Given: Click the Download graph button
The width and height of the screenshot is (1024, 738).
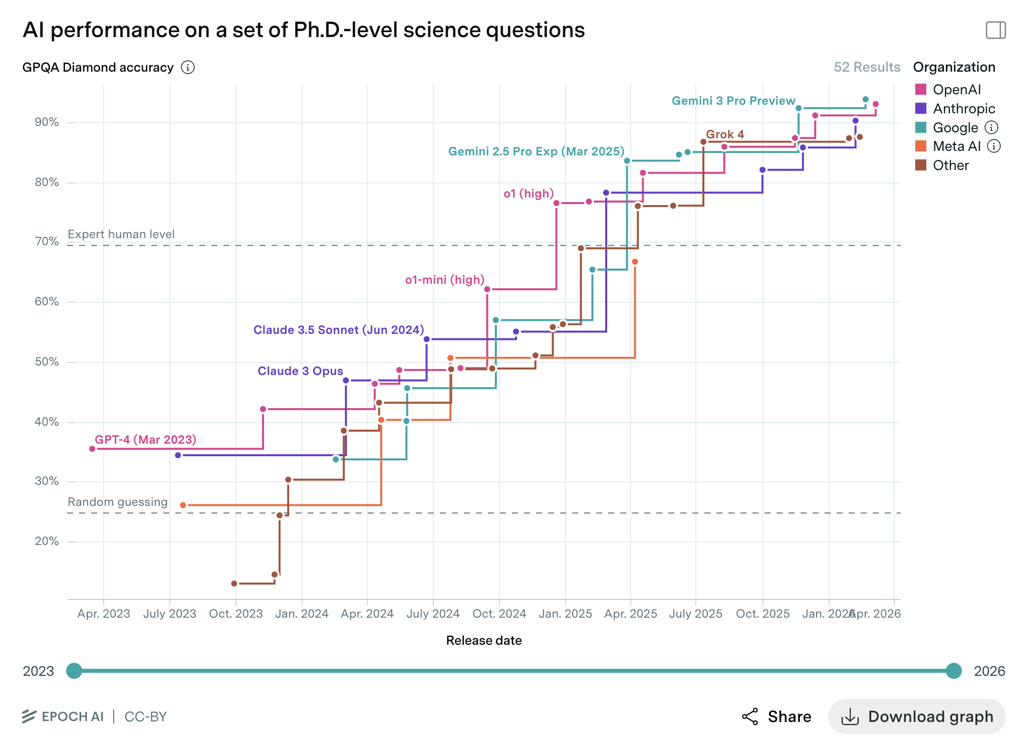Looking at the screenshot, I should click(x=917, y=716).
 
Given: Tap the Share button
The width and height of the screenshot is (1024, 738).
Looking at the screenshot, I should click(x=777, y=716).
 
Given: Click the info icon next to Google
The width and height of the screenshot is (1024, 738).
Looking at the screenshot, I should click(x=991, y=127).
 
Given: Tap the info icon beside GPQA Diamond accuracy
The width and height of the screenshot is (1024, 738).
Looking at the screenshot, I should click(x=188, y=67).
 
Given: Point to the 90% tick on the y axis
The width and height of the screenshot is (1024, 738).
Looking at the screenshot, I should click(x=47, y=122).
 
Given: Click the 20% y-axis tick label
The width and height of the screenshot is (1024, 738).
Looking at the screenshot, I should click(x=47, y=541).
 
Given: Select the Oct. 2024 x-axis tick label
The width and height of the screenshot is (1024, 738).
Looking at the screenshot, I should click(x=499, y=614).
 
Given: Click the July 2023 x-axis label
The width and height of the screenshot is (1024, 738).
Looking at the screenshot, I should click(x=170, y=614).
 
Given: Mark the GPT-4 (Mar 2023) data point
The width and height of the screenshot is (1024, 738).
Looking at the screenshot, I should click(x=92, y=449).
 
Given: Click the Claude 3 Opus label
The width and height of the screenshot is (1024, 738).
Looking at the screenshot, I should click(x=300, y=371).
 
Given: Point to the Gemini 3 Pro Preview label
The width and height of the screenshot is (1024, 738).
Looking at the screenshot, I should click(x=733, y=101).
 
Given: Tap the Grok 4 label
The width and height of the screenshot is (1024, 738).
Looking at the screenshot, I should click(x=725, y=134).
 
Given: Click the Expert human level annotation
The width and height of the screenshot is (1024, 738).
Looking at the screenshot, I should click(x=121, y=234).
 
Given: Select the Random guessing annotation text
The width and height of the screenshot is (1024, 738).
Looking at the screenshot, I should click(x=118, y=502).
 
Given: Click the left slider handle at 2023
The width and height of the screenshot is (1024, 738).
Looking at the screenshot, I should click(x=74, y=671).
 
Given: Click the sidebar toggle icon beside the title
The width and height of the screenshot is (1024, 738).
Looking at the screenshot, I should click(x=995, y=30).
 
